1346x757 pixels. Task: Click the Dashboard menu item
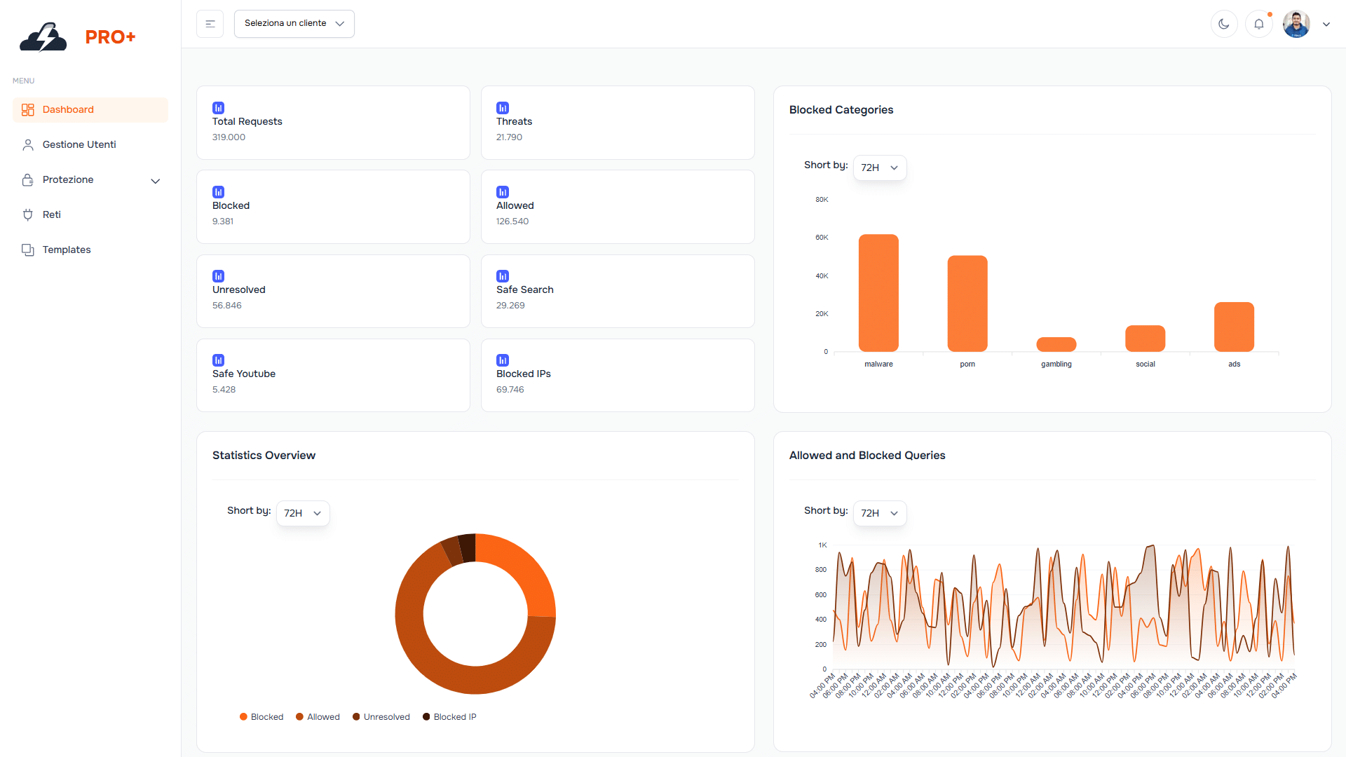[68, 110]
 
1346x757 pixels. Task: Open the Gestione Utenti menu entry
[79, 145]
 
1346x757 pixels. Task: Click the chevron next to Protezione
[156, 181]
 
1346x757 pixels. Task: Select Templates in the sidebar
[66, 250]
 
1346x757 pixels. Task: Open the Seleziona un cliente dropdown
[294, 24]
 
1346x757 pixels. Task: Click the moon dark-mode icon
[1224, 24]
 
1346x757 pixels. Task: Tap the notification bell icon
[1259, 24]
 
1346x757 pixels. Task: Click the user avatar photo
[1296, 24]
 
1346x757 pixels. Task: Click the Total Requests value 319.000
[229, 137]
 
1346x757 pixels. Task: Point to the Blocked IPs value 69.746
[510, 390]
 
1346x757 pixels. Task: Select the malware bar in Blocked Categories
[878, 293]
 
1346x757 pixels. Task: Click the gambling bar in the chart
[1056, 344]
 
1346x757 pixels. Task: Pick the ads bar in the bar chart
[1234, 327]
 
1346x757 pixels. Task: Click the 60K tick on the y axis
[822, 238]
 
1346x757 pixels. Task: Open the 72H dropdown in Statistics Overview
[303, 513]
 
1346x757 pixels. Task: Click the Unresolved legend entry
[381, 717]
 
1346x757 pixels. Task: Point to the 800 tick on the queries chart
[820, 570]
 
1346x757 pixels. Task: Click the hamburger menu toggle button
[210, 24]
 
